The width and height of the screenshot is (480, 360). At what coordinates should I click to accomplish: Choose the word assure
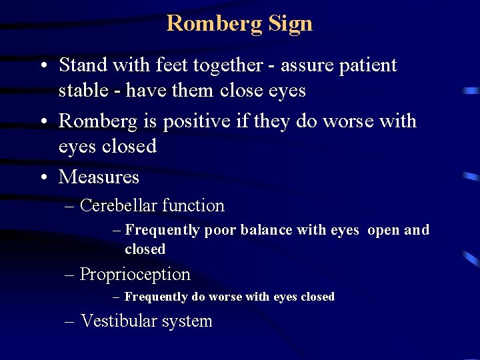304,66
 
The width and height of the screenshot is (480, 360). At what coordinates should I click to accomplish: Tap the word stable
81,90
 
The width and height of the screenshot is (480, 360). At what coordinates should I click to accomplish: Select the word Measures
99,177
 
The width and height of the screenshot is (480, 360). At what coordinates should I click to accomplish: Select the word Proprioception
135,274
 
